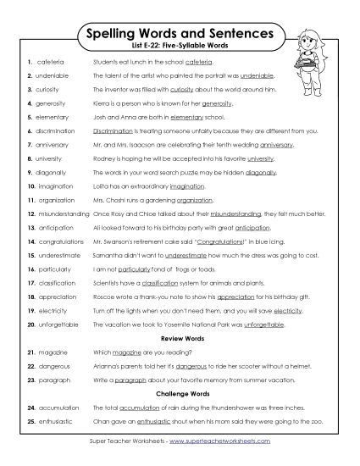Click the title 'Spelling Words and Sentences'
(x=180, y=35)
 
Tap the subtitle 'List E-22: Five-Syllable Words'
(x=180, y=48)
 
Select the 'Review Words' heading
(x=180, y=338)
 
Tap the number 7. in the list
(x=30, y=144)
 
